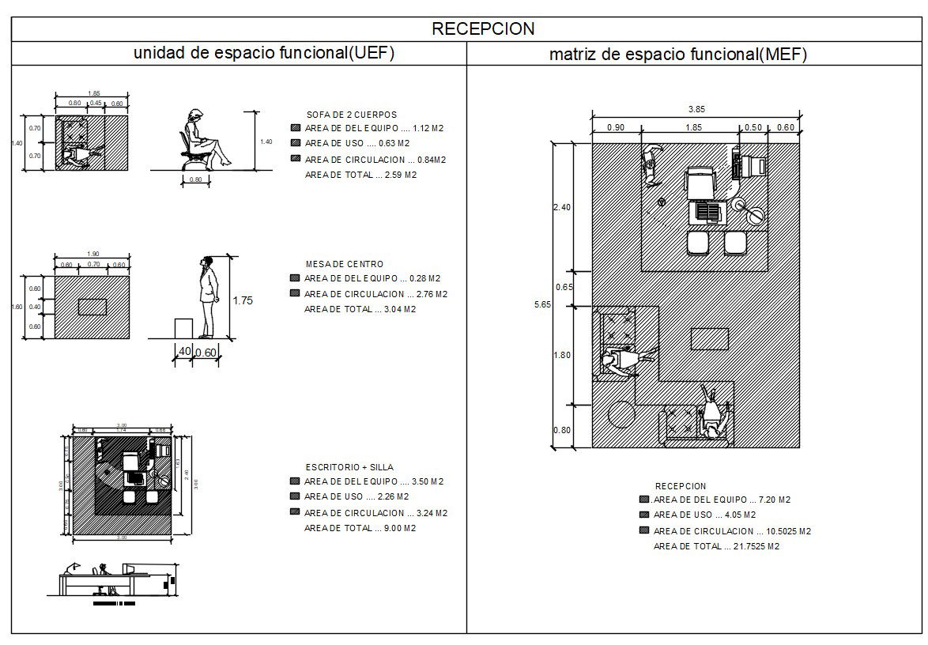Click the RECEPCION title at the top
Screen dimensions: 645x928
pos(483,29)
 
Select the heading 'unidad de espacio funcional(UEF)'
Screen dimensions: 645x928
pos(263,53)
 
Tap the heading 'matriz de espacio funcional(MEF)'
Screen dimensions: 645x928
pos(677,55)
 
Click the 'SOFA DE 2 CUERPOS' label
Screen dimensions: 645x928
pos(352,115)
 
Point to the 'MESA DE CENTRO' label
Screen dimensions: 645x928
pos(345,264)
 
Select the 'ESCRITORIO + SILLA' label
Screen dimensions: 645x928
pos(349,467)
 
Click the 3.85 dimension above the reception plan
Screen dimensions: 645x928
pos(696,110)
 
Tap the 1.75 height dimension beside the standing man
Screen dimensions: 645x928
pos(243,301)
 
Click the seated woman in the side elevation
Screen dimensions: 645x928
pos(202,140)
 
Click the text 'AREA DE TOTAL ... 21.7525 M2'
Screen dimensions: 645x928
pos(716,546)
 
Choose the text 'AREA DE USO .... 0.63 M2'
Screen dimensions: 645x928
pos(356,143)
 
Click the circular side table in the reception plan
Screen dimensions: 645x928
pos(621,413)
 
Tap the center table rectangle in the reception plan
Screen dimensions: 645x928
pos(709,338)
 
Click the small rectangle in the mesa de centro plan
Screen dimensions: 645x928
pos(92,307)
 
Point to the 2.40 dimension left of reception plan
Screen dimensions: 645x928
pos(561,207)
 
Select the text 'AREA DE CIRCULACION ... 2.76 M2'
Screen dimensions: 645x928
pos(375,294)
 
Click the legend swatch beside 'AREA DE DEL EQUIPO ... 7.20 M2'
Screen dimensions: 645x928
pos(644,500)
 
